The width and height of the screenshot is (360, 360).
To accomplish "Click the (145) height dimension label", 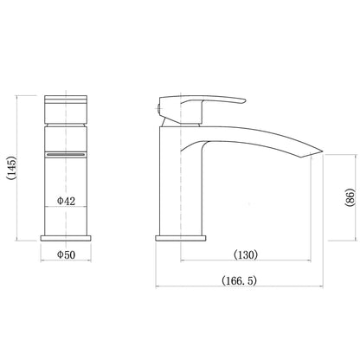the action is pos(12,168).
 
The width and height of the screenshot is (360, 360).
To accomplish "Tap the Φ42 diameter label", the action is pos(66,201).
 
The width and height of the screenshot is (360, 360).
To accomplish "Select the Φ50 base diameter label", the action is pos(66,254).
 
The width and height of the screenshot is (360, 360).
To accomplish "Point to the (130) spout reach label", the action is pos(246,254).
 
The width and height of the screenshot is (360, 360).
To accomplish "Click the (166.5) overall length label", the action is pos(239,280).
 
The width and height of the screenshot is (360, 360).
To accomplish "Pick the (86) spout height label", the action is pos(350,197).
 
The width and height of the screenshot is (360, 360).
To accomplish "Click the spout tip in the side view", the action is pos(322,151).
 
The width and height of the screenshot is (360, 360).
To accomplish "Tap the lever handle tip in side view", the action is pos(245,100).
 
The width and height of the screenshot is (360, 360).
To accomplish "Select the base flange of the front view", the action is pos(66,238).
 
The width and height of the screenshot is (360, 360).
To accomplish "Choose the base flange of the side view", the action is pos(181,238).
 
